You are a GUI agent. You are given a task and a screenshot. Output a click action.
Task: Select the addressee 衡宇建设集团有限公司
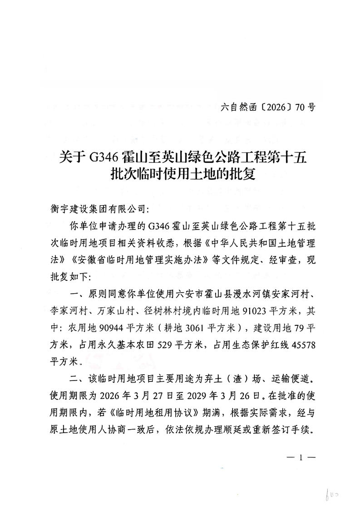pos(98,210)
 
